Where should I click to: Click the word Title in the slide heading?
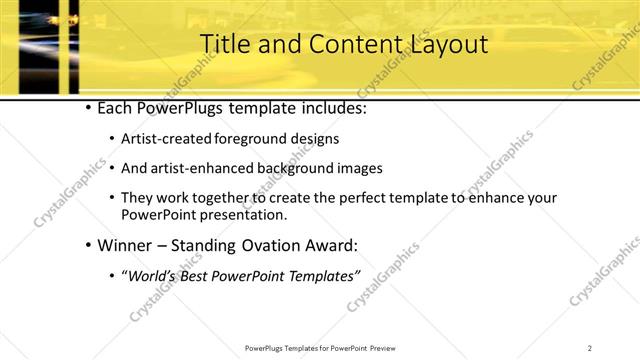224,45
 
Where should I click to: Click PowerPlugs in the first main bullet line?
179,107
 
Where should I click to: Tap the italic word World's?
148,275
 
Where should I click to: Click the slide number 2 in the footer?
590,348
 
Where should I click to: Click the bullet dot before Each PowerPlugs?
88,107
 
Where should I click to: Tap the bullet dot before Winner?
88,245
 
